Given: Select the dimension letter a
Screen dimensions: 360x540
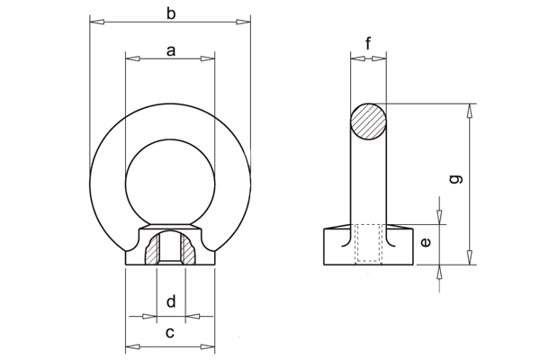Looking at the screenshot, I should pyautogui.click(x=170, y=51).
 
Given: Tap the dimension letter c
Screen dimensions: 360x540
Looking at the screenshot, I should pyautogui.click(x=170, y=334).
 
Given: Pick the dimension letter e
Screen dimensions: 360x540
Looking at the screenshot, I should pyautogui.click(x=427, y=241).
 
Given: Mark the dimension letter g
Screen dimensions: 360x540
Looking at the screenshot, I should pyautogui.click(x=456, y=179).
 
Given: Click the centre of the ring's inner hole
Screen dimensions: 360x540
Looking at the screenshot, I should pyautogui.click(x=170, y=179).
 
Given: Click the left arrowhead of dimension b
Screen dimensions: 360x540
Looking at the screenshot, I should pyautogui.click(x=94, y=21).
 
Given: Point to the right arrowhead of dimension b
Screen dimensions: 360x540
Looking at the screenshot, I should pyautogui.click(x=246, y=21).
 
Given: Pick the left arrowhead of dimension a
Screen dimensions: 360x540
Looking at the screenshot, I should pyautogui.click(x=130, y=59).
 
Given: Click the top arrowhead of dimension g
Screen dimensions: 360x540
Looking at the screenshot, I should pyautogui.click(x=470, y=109).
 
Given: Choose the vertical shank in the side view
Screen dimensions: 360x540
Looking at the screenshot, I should pyautogui.click(x=368, y=180).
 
